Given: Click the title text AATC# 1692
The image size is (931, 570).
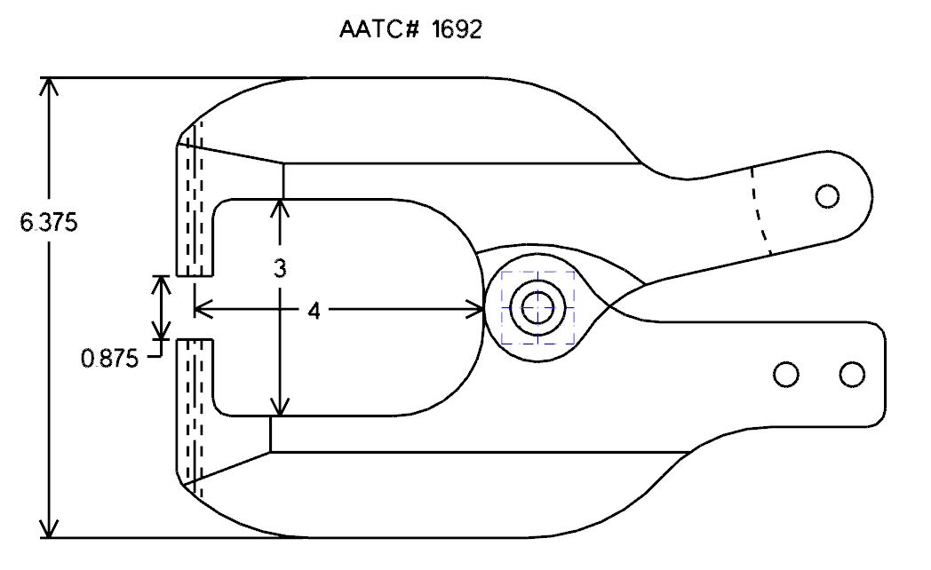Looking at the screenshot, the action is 410,29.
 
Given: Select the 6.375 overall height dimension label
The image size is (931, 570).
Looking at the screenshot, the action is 49,223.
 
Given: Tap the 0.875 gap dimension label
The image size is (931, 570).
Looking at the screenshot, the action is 110,359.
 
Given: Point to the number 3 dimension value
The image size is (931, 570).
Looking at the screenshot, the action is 280,269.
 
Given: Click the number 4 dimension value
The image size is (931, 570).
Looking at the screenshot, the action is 314,310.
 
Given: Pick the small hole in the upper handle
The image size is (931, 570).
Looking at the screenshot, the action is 827,195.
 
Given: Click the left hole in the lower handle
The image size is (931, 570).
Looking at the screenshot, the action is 786,375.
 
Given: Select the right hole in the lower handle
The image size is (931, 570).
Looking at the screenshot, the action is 852,375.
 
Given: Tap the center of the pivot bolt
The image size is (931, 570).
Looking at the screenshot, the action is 537,308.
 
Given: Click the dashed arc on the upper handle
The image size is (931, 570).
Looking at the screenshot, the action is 762,211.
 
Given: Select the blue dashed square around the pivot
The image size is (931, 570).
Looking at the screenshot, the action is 538,307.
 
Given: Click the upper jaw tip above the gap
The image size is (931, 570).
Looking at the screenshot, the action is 195,276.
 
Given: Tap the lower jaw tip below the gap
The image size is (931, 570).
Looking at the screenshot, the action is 195,340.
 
